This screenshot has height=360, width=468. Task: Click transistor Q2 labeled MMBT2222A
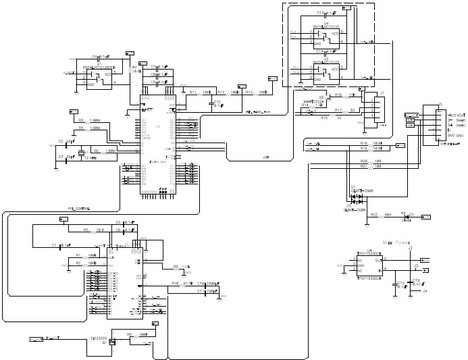pyautogui.click(x=325, y=99)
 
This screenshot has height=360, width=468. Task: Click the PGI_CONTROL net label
pyautogui.click(x=79, y=209)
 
